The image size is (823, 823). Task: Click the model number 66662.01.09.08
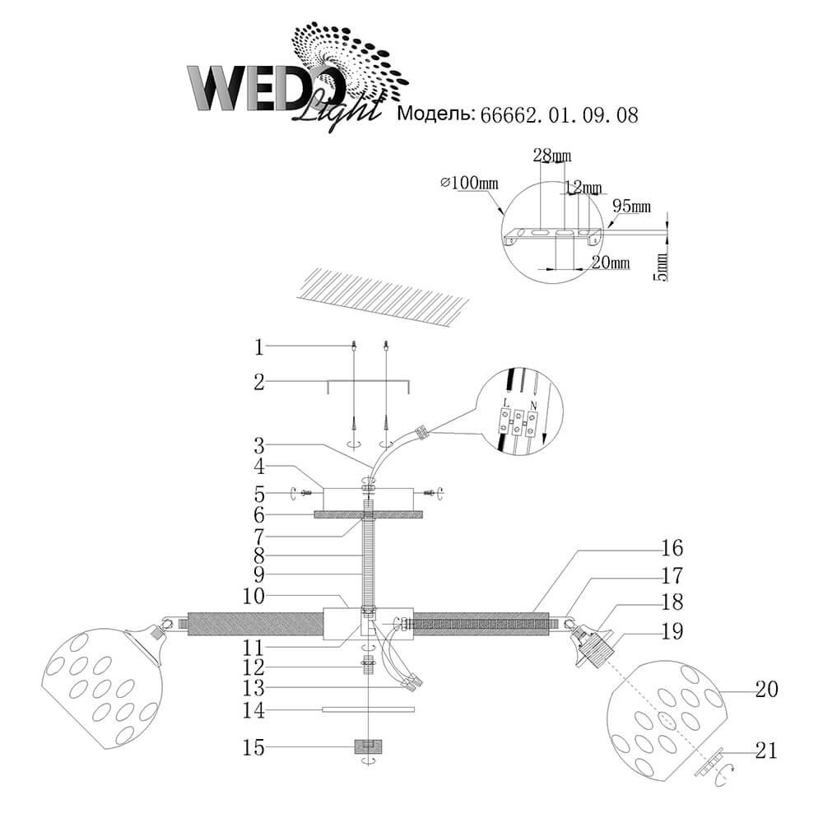tap(560, 115)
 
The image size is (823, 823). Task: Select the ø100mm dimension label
tap(469, 184)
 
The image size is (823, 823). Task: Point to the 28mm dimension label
tap(552, 156)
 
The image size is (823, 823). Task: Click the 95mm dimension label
tap(632, 207)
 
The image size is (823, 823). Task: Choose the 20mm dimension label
tap(611, 263)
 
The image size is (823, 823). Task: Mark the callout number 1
tap(258, 347)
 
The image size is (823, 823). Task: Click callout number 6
tap(258, 515)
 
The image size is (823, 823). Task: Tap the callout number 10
tap(254, 596)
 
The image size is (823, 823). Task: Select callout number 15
tap(253, 747)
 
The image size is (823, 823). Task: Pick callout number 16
tap(672, 548)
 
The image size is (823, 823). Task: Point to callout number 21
tap(766, 751)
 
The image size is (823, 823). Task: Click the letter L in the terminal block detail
tap(506, 402)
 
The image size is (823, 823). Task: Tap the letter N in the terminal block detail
tap(533, 405)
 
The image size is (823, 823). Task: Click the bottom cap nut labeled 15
tap(369, 746)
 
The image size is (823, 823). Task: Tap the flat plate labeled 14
tap(368, 709)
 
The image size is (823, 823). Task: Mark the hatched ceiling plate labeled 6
tap(368, 515)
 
